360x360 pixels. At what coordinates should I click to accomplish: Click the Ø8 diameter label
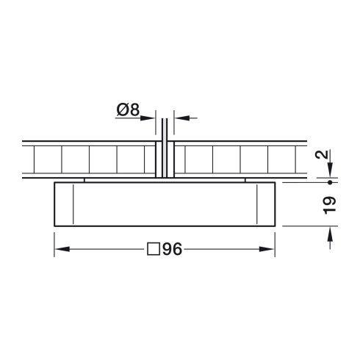(x=129, y=111)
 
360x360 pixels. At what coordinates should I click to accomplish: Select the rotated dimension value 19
(x=329, y=203)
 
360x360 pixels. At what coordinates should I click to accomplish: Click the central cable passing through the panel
(x=166, y=147)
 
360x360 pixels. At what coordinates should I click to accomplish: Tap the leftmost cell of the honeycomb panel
(x=43, y=159)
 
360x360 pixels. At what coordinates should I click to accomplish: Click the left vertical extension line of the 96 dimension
(x=55, y=242)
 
